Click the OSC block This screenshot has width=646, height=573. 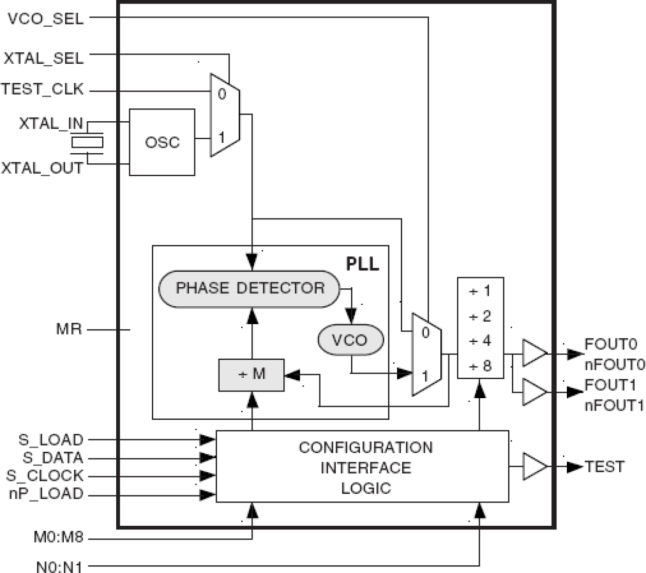(x=162, y=142)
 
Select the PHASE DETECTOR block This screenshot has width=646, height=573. (x=250, y=288)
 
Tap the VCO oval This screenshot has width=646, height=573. (x=350, y=340)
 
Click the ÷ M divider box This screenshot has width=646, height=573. (x=252, y=374)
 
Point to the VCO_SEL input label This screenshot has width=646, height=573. (x=45, y=20)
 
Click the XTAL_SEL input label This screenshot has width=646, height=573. (x=44, y=58)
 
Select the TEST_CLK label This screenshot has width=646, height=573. (x=42, y=89)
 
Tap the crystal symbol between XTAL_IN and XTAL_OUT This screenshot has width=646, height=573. (x=87, y=142)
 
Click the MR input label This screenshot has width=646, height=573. (x=69, y=329)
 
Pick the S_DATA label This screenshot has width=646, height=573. (x=53, y=457)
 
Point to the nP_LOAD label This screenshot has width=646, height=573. (x=46, y=494)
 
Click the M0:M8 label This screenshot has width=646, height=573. (x=58, y=538)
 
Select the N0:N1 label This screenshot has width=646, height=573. (x=59, y=567)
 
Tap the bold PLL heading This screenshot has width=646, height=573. (x=362, y=264)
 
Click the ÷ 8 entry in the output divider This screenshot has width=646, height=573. (x=480, y=366)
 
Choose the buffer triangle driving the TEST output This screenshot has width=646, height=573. (x=534, y=466)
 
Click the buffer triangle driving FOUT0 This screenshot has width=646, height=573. (x=534, y=354)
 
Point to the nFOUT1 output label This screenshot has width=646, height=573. (x=614, y=405)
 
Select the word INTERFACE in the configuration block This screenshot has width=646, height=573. (x=366, y=468)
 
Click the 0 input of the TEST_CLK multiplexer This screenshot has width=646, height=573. (x=222, y=94)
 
